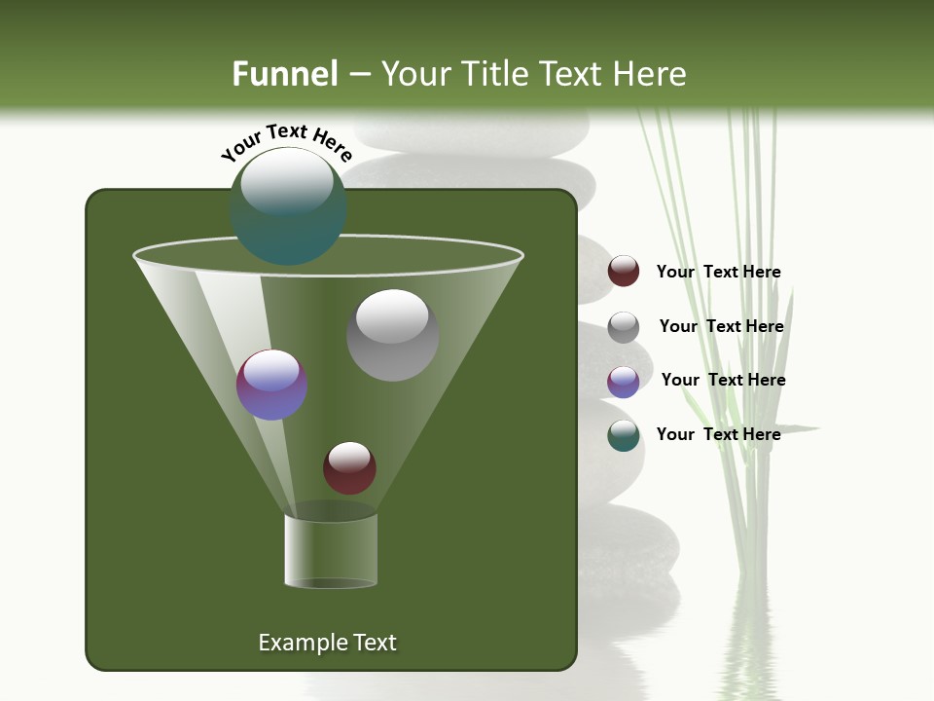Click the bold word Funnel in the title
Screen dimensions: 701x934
click(x=284, y=74)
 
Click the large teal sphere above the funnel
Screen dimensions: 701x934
click(x=288, y=205)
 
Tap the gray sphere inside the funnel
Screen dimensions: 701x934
click(x=392, y=335)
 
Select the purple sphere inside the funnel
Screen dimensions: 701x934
click(x=271, y=385)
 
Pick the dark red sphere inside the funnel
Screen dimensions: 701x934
click(x=349, y=467)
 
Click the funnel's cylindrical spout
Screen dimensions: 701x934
click(x=331, y=550)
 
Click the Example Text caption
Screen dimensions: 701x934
click(x=327, y=643)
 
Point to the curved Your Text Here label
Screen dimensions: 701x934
click(x=287, y=141)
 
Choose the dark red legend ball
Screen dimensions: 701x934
click(x=624, y=272)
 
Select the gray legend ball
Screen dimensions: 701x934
click(x=624, y=327)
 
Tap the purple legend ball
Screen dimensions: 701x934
click(x=624, y=382)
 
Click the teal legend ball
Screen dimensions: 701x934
click(x=624, y=435)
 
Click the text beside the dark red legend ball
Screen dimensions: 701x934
click(x=718, y=272)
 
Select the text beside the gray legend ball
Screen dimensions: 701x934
click(x=721, y=326)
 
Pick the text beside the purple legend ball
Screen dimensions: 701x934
click(x=723, y=380)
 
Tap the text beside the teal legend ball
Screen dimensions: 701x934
click(x=718, y=434)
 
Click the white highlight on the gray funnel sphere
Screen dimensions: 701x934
click(x=392, y=315)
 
